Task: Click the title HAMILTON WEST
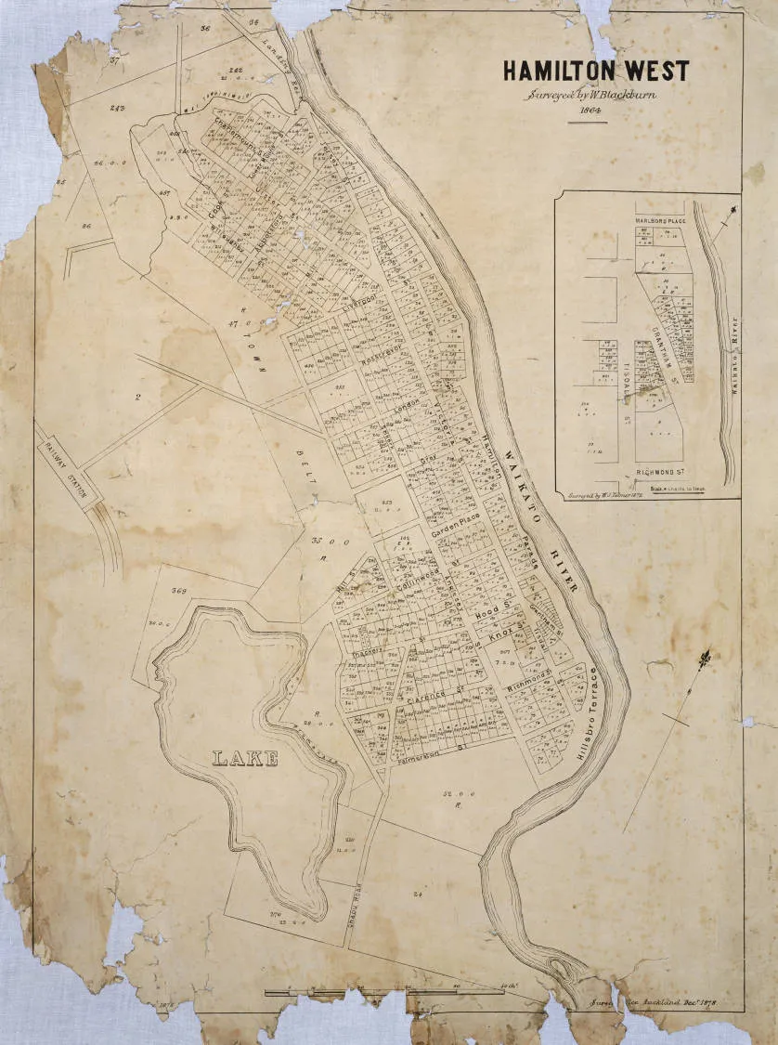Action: tap(595, 71)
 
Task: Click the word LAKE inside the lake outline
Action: tap(246, 759)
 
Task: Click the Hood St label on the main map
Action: tap(488, 614)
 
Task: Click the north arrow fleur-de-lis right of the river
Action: tap(706, 661)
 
